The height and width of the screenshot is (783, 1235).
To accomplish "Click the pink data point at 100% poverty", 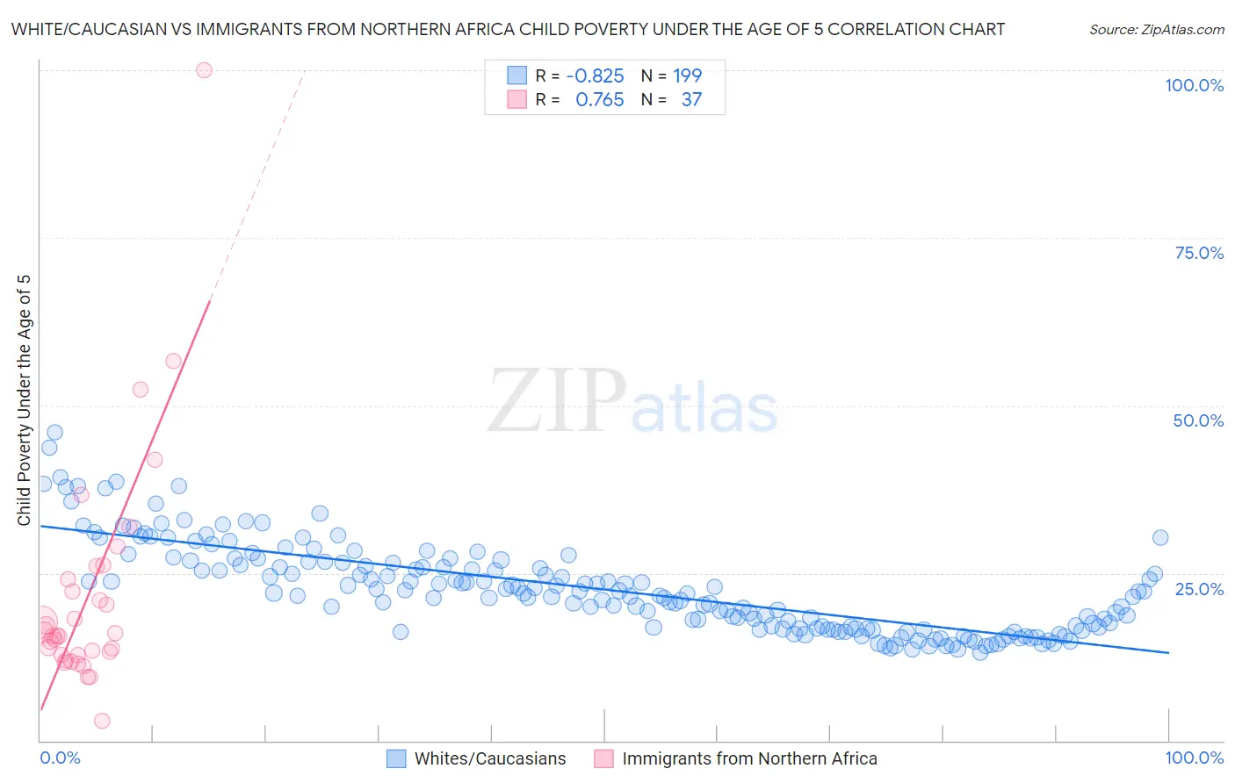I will [x=204, y=70].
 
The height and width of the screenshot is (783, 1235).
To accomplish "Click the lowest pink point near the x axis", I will [x=102, y=721].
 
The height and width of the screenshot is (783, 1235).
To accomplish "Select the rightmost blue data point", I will [x=1160, y=538].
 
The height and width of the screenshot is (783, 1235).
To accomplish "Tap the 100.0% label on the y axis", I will [x=1194, y=85].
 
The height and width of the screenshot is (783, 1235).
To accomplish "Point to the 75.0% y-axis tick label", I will [x=1198, y=253].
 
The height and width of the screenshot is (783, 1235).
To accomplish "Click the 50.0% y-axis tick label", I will [x=1198, y=420].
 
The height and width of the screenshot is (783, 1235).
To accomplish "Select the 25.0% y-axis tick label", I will [x=1198, y=588].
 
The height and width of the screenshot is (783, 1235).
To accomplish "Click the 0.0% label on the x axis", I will [x=60, y=758].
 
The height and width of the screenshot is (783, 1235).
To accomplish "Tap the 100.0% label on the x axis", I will [x=1194, y=758].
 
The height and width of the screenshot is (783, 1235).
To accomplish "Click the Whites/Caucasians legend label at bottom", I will [x=490, y=758].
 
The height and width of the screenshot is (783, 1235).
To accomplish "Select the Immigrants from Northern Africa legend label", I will [x=749, y=758].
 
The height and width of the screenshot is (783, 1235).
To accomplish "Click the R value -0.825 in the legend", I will [x=595, y=75].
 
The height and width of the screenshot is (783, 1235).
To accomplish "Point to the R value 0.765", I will [x=599, y=99].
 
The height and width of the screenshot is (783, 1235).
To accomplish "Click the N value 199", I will [x=688, y=75].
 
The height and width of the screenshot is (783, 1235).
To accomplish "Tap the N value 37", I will [x=691, y=99].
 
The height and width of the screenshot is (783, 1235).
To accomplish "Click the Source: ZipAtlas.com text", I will [x=1156, y=29].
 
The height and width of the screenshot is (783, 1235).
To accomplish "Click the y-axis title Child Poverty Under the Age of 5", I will [x=25, y=400].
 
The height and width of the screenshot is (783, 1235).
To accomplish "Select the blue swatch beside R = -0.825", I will [x=516, y=75].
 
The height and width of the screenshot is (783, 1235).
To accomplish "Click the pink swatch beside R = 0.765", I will [x=516, y=99].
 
